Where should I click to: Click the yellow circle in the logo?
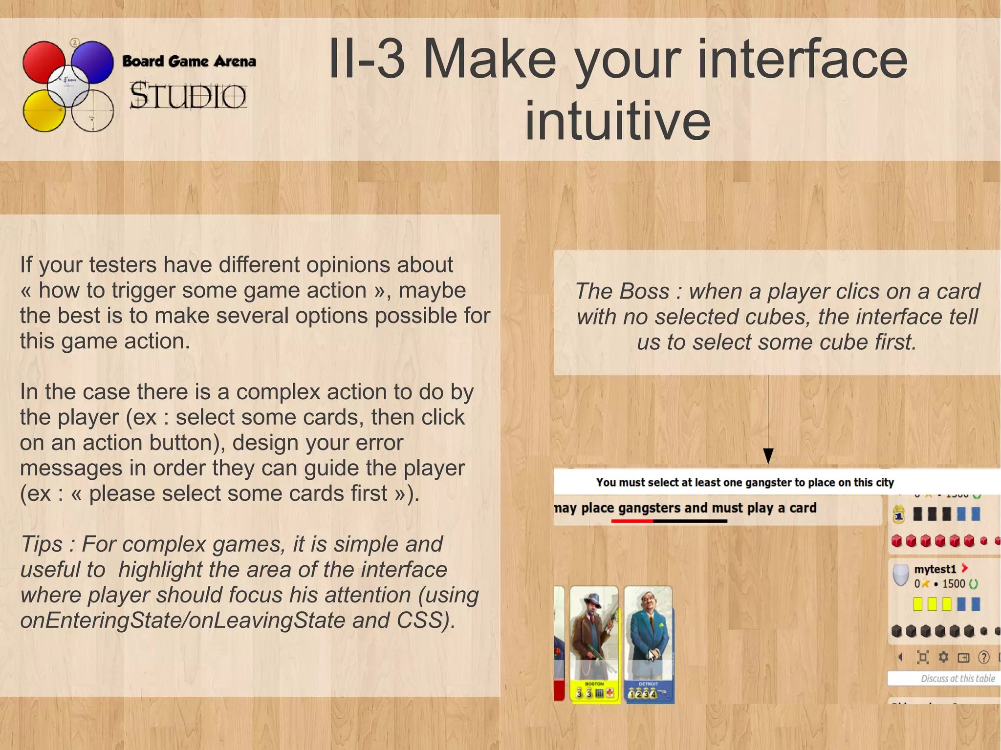[43, 111]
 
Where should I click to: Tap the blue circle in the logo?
[93, 62]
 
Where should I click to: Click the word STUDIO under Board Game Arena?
[188, 96]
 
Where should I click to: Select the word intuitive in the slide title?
[617, 120]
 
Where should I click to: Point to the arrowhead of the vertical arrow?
[768, 456]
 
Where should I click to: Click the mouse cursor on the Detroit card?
[651, 655]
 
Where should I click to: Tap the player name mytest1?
[935, 569]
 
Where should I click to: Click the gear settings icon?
[943, 657]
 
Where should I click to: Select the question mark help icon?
[983, 658]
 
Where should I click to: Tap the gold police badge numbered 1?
[898, 514]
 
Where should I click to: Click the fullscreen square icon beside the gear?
[923, 657]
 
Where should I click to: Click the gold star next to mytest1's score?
[925, 584]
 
